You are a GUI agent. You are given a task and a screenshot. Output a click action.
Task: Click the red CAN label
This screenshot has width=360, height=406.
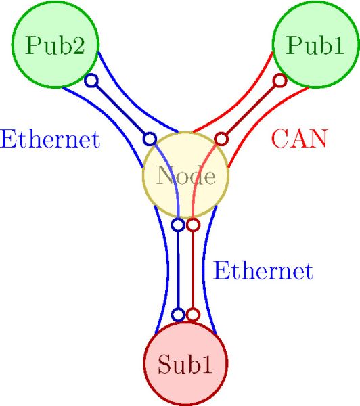click(300, 139)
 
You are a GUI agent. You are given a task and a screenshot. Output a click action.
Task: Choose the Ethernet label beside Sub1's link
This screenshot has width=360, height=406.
click(263, 271)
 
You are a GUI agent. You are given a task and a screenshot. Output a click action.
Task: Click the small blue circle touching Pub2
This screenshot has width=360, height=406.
click(91, 81)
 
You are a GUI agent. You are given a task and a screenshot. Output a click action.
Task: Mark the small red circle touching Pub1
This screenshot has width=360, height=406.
click(280, 81)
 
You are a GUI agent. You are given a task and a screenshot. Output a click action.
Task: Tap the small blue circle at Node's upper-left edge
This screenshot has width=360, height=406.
click(150, 139)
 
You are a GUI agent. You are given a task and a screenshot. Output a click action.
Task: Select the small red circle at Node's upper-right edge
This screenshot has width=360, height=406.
click(221, 139)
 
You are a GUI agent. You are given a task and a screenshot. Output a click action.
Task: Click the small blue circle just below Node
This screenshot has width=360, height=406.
click(178, 225)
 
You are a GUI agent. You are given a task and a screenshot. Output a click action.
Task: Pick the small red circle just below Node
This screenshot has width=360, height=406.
click(193, 225)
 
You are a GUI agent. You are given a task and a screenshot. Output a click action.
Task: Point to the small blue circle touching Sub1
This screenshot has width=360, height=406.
click(178, 315)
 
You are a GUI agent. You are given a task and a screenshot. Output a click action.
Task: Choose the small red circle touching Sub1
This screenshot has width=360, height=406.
click(193, 315)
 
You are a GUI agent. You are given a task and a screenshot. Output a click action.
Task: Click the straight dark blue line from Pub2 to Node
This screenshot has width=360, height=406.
click(120, 110)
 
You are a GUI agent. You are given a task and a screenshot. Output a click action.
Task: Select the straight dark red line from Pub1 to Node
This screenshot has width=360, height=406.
click(250, 110)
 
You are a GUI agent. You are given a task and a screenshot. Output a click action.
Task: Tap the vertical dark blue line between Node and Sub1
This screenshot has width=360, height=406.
click(178, 269)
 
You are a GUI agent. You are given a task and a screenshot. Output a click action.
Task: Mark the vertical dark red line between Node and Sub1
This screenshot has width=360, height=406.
click(193, 269)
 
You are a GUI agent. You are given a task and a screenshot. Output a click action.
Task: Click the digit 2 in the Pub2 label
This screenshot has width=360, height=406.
click(78, 45)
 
